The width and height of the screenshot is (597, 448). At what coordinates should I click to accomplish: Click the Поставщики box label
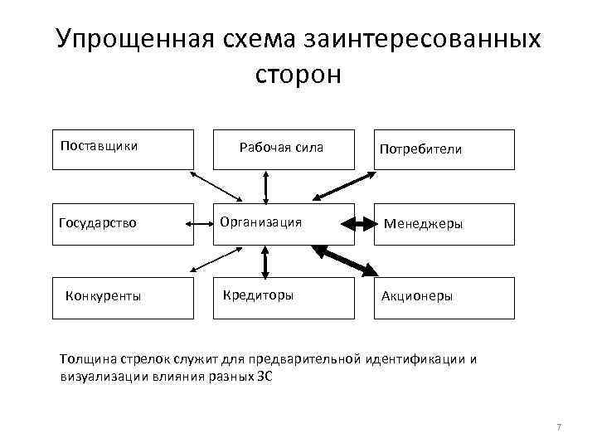tap(99, 146)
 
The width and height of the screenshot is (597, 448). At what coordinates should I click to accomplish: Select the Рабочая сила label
tap(281, 148)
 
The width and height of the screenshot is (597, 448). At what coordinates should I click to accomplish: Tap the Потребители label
tap(420, 150)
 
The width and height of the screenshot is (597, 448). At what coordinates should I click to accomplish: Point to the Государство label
tap(97, 222)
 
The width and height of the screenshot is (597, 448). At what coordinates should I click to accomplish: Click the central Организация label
tap(260, 222)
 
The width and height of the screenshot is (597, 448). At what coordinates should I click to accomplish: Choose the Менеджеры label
tap(422, 224)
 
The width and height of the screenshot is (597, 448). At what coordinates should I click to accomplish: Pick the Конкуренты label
tap(103, 295)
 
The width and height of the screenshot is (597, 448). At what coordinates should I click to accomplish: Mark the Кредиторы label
tap(258, 295)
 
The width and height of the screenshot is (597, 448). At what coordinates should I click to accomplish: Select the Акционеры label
tap(417, 296)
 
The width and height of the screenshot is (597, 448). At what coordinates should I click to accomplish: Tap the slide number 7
tap(559, 426)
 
